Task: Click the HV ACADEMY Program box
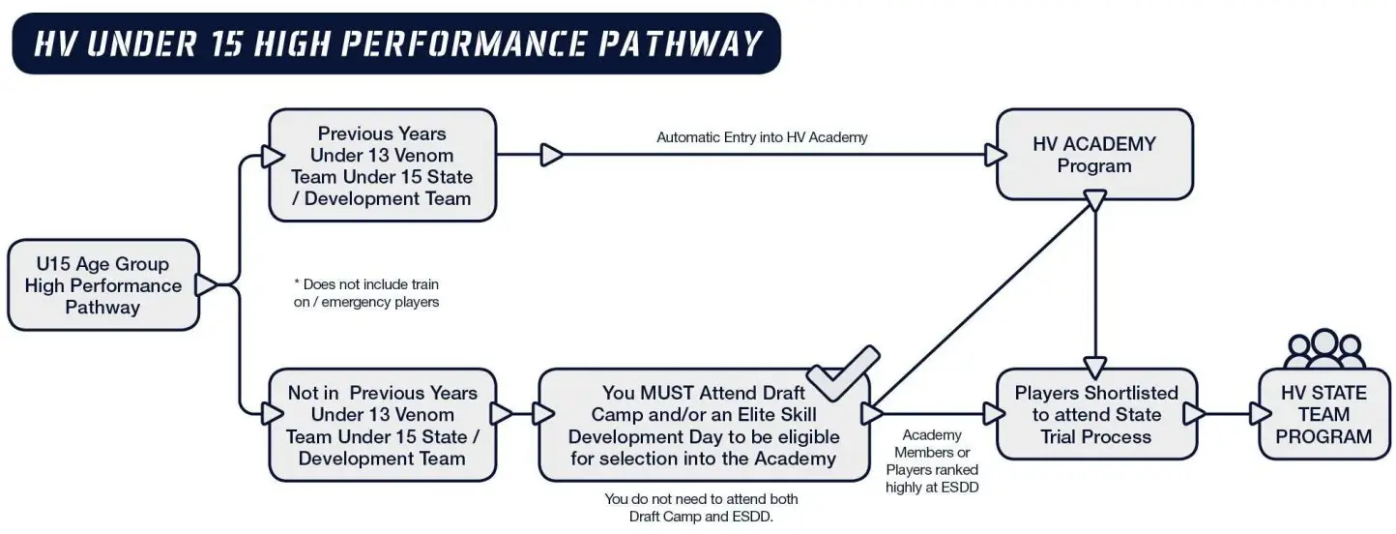coord(1094,155)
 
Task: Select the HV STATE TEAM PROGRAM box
coord(1323,415)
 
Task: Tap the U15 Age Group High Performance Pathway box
coord(103,285)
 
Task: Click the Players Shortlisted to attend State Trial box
coord(1096,415)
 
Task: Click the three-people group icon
coord(1323,349)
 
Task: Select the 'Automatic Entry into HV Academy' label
coord(762,137)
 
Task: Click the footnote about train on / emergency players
coord(366,293)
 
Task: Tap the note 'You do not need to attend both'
coord(701,499)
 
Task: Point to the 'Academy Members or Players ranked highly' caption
coord(932,461)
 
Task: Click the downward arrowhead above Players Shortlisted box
coord(1095,368)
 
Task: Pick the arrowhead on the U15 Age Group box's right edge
coord(207,285)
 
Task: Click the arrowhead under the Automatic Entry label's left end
coord(552,155)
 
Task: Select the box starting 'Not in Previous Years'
coord(383,425)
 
